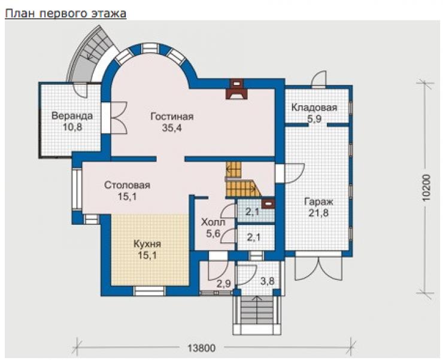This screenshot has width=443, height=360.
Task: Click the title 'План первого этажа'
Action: click(x=65, y=13)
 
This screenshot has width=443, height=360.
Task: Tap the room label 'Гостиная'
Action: click(x=172, y=116)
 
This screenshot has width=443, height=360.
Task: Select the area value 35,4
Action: click(x=172, y=128)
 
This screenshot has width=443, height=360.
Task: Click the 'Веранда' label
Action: click(x=72, y=115)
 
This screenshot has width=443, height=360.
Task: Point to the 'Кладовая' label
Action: click(x=314, y=108)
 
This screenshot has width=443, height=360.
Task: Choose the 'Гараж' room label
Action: click(x=318, y=202)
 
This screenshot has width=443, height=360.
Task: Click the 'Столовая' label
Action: click(x=127, y=185)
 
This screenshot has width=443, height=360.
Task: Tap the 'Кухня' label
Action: click(x=147, y=244)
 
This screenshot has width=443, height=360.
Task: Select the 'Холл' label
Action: click(x=213, y=222)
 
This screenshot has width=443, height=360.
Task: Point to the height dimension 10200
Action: click(x=427, y=188)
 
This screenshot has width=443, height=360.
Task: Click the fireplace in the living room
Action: click(x=236, y=89)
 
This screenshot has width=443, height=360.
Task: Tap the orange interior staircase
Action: click(x=242, y=179)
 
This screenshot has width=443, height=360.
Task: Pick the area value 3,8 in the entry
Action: click(x=267, y=281)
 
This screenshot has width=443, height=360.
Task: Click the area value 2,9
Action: click(x=223, y=283)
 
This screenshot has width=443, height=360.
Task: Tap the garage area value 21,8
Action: click(x=318, y=213)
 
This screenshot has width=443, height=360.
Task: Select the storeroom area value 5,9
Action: click(x=314, y=118)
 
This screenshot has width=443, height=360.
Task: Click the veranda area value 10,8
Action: click(x=72, y=127)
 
